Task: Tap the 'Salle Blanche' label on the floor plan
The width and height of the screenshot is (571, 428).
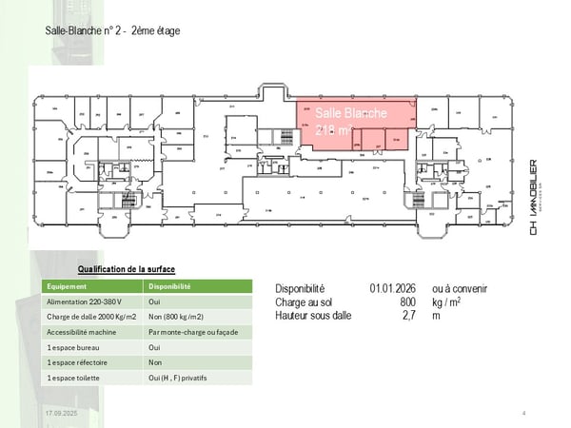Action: pyautogui.click(x=351, y=114)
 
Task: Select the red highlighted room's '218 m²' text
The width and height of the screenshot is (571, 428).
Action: pyautogui.click(x=334, y=130)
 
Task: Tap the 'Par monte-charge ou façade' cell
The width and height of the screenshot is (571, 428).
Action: pyautogui.click(x=192, y=332)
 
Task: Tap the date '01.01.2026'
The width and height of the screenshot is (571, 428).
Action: pyautogui.click(x=393, y=288)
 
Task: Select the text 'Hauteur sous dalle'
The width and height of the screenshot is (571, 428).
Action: pyautogui.click(x=315, y=315)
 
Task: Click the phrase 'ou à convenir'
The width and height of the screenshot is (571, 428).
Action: pyautogui.click(x=460, y=288)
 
